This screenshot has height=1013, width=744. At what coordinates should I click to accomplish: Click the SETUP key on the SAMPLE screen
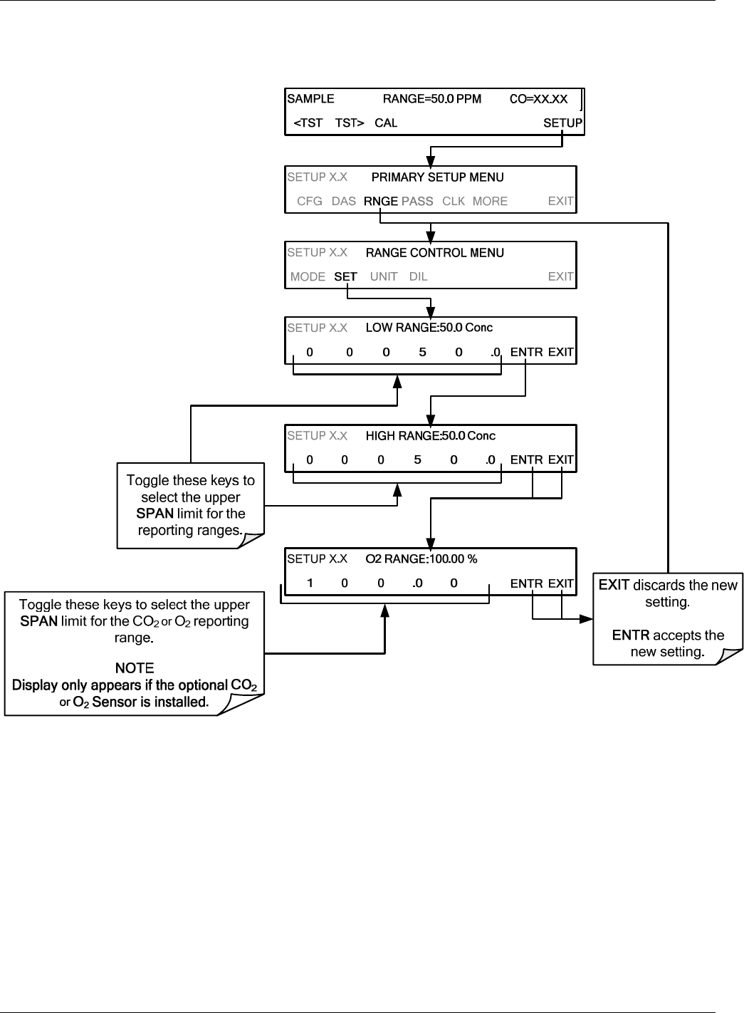562,123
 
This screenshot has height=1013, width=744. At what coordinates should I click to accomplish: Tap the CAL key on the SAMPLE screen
386,123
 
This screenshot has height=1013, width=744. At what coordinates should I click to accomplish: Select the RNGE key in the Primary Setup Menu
381,201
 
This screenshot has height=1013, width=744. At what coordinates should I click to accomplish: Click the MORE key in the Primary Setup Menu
490,201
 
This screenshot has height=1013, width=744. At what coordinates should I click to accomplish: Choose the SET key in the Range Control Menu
345,276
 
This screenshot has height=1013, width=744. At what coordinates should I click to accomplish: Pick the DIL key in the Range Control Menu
418,276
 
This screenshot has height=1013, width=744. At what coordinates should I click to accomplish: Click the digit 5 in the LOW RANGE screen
422,352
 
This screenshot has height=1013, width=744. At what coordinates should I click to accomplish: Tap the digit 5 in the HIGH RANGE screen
417,460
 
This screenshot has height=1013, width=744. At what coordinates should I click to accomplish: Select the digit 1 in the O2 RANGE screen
310,583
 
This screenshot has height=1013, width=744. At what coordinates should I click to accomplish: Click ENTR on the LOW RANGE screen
526,352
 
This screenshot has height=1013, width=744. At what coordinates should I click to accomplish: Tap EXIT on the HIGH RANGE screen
560,460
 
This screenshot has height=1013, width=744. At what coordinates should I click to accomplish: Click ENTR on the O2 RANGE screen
526,583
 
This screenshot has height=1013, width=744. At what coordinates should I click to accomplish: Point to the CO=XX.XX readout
538,99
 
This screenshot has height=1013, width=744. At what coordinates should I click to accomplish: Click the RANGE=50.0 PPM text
431,99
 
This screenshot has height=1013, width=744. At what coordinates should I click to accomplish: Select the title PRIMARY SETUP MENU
437,177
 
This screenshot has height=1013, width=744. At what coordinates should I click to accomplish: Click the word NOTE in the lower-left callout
135,668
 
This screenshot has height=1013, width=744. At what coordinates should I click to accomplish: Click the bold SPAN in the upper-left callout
154,514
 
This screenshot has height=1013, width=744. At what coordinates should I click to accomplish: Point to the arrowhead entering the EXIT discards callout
586,618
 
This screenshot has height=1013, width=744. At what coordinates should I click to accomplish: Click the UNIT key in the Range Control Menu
384,276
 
